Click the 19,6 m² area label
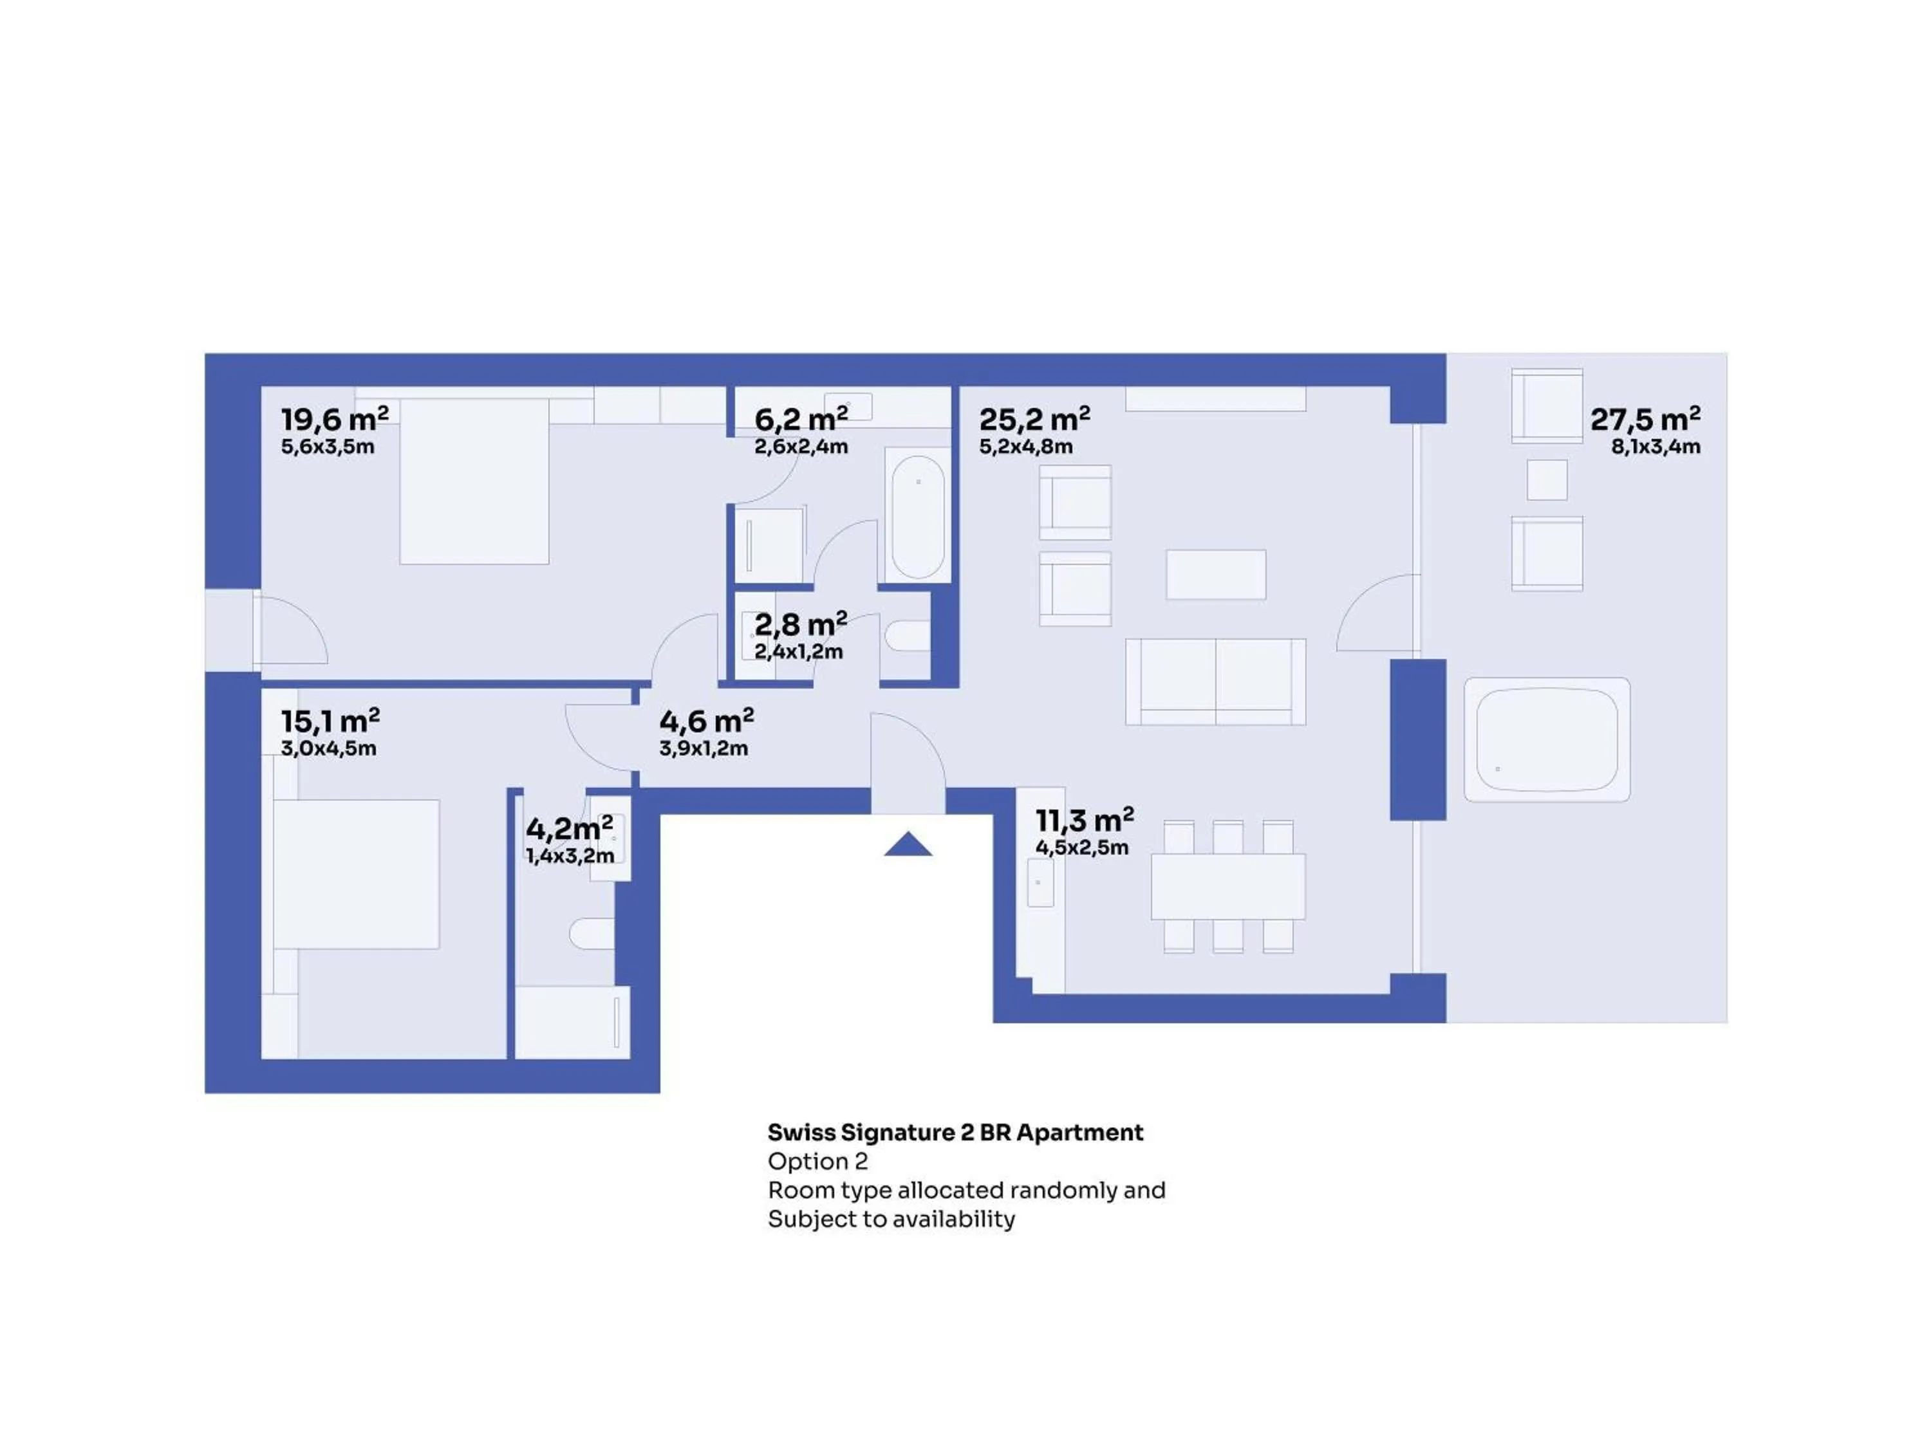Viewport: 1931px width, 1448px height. [x=334, y=419]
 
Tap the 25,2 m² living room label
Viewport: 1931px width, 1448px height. [x=1034, y=419]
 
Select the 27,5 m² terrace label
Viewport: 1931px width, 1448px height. [x=1646, y=419]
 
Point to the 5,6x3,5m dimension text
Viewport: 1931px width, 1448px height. [x=328, y=447]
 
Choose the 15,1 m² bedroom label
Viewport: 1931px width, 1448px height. [x=330, y=721]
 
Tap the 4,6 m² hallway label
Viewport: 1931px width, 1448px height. [x=706, y=721]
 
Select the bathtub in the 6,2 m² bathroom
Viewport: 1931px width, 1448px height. [x=917, y=517]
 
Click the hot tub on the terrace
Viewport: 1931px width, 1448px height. [x=1547, y=739]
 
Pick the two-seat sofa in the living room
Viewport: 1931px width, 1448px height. [x=1215, y=682]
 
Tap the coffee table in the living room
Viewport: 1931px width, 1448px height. [x=1216, y=574]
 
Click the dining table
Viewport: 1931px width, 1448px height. [x=1228, y=886]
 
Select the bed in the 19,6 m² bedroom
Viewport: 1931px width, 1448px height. [x=474, y=481]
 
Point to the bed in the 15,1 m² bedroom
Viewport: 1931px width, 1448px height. [x=356, y=875]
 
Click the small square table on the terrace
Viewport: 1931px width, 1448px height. [x=1547, y=480]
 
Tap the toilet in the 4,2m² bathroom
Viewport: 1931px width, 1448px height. [x=593, y=934]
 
